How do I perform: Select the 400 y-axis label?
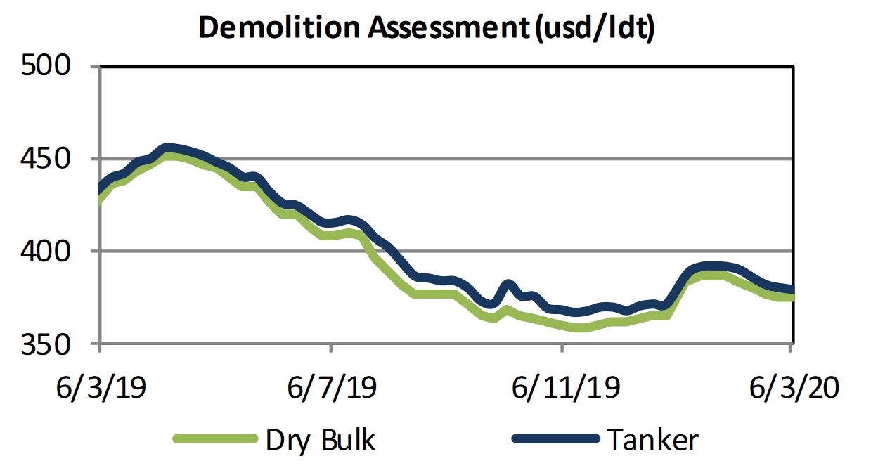pos(47,251)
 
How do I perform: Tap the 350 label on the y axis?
pos(47,344)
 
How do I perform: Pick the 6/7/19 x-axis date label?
pos(330,386)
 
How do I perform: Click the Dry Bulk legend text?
pos(320,440)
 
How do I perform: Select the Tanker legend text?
pos(653,440)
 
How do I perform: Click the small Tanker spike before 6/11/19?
pos(509,285)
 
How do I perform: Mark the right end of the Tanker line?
pos(792,289)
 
